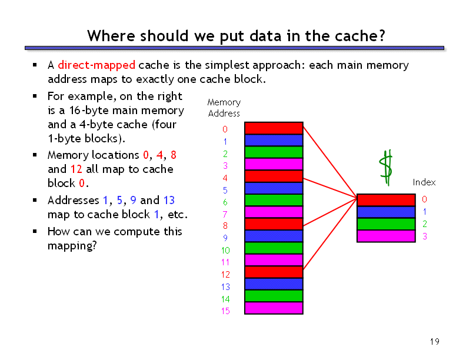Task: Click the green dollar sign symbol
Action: tap(387, 168)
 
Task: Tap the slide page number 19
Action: tap(434, 342)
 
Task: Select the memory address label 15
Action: tap(225, 311)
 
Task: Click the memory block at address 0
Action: tap(274, 128)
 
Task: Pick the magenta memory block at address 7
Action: tap(274, 212)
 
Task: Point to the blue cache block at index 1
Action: tap(386, 212)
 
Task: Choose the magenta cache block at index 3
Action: tap(386, 236)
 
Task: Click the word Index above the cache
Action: tap(424, 182)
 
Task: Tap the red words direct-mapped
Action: tap(96, 65)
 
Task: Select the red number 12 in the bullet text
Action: tap(76, 169)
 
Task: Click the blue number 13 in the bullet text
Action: tap(169, 200)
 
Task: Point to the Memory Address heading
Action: tap(224, 108)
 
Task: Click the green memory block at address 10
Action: tap(274, 248)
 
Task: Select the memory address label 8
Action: tap(225, 226)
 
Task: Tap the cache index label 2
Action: tap(425, 224)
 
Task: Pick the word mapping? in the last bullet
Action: tap(72, 246)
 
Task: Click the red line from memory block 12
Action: tap(330, 234)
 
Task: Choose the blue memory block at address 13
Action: tap(274, 284)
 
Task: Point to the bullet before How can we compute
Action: tap(35, 231)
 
